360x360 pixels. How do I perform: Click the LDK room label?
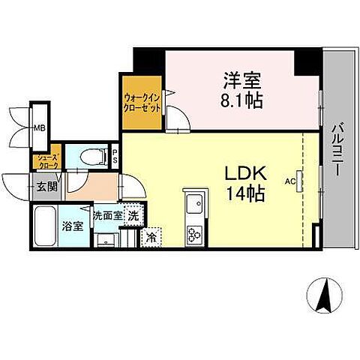[243, 172]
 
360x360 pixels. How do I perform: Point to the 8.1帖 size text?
[241, 99]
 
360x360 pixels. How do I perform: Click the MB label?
[38, 128]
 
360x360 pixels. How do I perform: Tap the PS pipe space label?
[115, 157]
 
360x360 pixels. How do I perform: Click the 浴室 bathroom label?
[72, 226]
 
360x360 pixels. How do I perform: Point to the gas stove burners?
[193, 233]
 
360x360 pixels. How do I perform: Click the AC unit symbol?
[300, 181]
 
